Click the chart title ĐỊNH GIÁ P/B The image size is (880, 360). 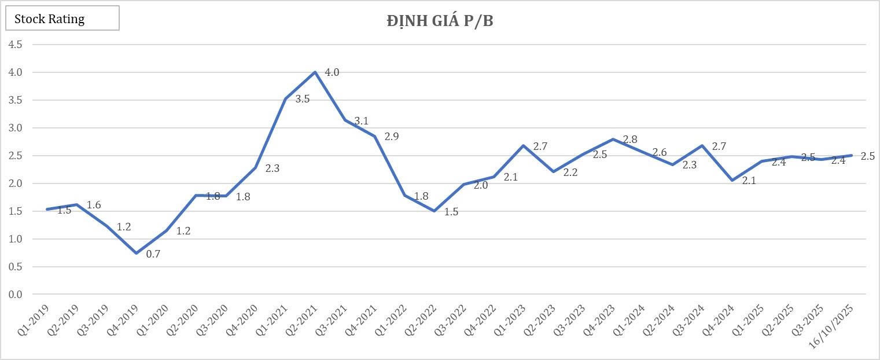pos(440,21)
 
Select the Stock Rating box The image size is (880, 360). pos(62,19)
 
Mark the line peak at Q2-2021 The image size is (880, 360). pos(315,72)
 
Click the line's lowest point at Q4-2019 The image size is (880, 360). pos(136,253)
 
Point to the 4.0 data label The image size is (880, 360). pos(332,73)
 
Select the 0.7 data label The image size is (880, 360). pos(153,254)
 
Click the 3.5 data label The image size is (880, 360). pos(303,99)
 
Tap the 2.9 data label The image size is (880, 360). pos(392,137)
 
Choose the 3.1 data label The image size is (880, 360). pos(361,121)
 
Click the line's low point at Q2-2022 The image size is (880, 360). pos(434,211)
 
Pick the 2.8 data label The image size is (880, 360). pos(630,139)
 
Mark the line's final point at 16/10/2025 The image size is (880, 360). pos(851,155)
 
